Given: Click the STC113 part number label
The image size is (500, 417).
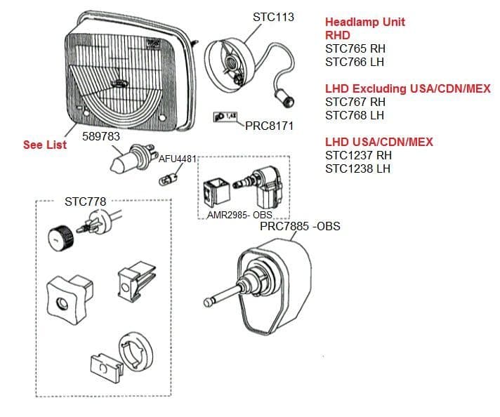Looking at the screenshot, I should pos(273,16).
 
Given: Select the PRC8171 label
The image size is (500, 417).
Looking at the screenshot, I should pos(269,126).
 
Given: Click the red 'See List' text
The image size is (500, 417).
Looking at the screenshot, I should pos(45,145).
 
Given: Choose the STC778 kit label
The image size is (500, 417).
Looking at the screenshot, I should pos(85,201).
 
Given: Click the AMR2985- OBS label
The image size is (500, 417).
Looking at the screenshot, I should pos(239,215).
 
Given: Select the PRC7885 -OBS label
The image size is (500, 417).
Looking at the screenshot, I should pos(300,227).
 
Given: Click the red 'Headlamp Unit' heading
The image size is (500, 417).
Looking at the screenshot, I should pos(364,22).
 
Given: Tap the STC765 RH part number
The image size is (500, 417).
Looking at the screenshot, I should pos(355,49).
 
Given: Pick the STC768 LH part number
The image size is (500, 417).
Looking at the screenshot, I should pos(355,115).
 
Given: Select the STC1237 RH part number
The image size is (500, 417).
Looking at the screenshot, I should pos(358,155).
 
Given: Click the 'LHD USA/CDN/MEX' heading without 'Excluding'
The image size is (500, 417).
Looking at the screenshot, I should pos(379,142).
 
